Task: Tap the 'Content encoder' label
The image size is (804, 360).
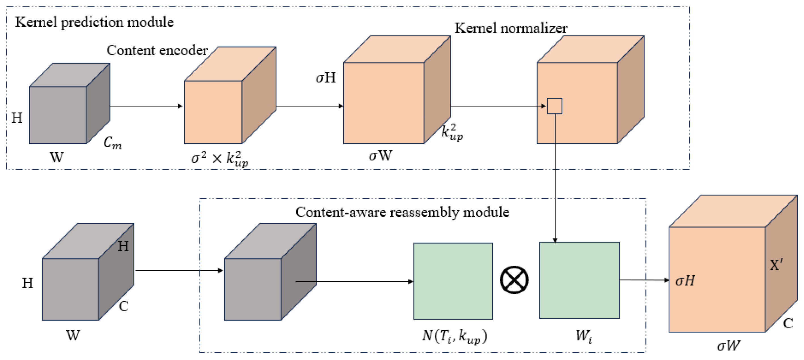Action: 157,50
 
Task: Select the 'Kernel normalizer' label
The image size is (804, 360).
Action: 511,28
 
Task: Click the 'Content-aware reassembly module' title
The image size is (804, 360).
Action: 402,212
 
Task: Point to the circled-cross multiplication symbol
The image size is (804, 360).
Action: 514,280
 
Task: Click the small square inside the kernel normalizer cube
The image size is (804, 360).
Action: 554,106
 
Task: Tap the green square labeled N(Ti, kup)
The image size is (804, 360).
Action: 453,281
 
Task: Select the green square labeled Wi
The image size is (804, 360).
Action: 579,280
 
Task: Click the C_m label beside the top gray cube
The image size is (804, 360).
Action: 112,143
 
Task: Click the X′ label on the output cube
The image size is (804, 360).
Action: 776,265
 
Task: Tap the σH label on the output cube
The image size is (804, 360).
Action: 685,281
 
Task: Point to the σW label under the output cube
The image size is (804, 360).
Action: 728,345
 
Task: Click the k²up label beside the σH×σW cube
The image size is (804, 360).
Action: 452,132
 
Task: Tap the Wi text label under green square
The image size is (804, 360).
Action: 583,336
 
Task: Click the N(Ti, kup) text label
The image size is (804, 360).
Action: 454,336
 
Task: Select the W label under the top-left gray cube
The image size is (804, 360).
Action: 57,157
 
